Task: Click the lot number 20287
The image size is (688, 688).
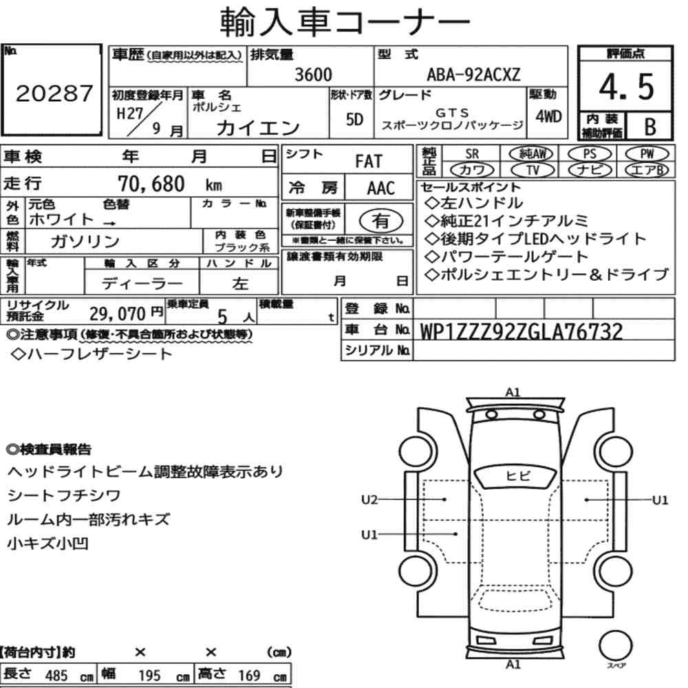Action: tap(54, 94)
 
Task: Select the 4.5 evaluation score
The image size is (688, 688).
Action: tap(626, 87)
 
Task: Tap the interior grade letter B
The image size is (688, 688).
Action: tap(650, 127)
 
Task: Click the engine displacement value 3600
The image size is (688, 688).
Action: tap(313, 74)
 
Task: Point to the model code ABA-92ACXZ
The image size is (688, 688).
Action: tap(473, 74)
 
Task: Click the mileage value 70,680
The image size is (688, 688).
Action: tap(151, 184)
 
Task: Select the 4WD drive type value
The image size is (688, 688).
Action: tap(548, 116)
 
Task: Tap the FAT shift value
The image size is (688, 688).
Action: tap(369, 162)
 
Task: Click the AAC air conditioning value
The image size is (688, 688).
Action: tap(381, 189)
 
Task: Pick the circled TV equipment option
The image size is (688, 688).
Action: tap(533, 170)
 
